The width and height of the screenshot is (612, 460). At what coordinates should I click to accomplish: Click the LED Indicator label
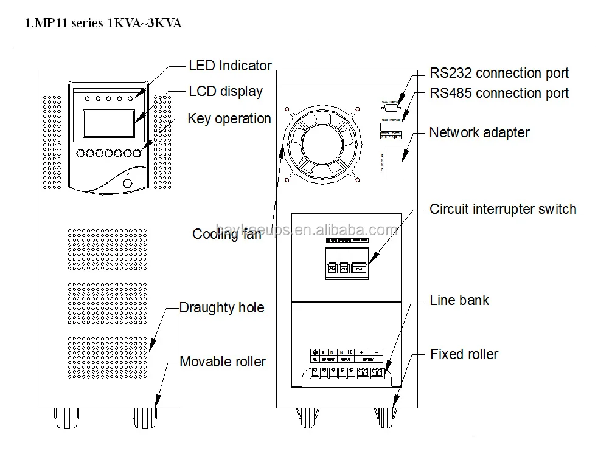[x=230, y=66]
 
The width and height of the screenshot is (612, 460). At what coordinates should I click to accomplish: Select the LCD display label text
[x=226, y=92]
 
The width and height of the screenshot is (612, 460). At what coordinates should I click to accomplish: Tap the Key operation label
[x=229, y=118]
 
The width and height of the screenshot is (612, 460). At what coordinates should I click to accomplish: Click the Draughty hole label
[x=222, y=307]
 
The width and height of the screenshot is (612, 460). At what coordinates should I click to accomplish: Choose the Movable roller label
[x=223, y=362]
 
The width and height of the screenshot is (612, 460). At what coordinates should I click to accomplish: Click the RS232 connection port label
[x=499, y=74]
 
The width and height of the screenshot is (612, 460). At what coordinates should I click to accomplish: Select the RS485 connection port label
[x=499, y=93]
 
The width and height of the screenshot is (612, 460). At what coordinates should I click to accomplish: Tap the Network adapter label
[x=479, y=132]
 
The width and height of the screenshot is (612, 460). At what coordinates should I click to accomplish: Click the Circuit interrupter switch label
[x=502, y=209]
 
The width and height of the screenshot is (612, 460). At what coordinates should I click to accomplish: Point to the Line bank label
[x=459, y=300]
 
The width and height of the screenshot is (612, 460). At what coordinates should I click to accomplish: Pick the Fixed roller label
[x=464, y=354]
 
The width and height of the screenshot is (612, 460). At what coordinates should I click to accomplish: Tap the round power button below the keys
[x=127, y=182]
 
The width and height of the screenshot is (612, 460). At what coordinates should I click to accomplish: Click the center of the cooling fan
[x=321, y=147]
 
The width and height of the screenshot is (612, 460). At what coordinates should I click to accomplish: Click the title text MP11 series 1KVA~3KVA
[x=103, y=24]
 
